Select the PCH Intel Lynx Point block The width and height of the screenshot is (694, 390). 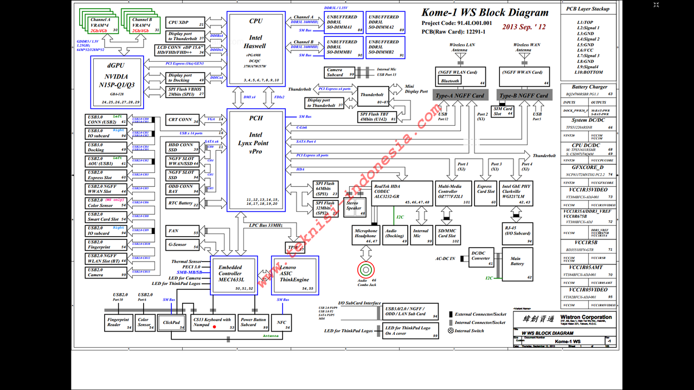click(x=256, y=160)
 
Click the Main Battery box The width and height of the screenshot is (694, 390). click(x=517, y=264)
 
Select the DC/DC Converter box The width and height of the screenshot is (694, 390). click(x=481, y=257)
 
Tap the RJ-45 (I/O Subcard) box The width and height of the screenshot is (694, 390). click(x=518, y=233)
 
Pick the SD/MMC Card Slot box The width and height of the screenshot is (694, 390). click(x=448, y=234)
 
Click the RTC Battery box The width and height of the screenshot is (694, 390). click(x=182, y=204)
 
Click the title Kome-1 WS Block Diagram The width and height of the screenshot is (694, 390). click(x=485, y=13)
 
